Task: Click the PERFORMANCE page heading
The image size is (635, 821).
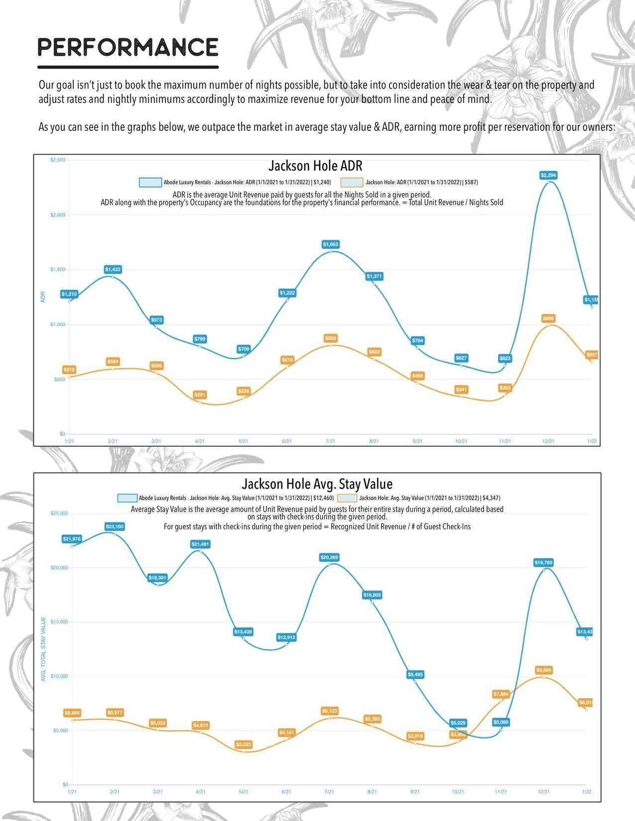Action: (x=128, y=48)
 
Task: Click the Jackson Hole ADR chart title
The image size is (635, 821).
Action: (x=315, y=166)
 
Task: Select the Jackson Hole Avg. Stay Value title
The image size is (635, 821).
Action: (x=317, y=484)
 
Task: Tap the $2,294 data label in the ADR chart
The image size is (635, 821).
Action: (x=548, y=175)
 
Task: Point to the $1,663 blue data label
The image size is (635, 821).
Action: (x=331, y=244)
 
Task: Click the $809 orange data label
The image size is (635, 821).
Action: (x=331, y=338)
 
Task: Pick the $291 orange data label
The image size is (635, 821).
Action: (x=200, y=395)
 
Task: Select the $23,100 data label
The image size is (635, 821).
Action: (x=115, y=526)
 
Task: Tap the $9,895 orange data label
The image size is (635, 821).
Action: (x=543, y=670)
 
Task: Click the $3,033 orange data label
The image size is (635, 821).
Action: (x=244, y=744)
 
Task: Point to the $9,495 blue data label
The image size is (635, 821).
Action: (x=415, y=675)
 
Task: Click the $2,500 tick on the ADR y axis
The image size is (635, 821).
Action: (x=58, y=160)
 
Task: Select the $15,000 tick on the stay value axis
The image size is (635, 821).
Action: (x=60, y=622)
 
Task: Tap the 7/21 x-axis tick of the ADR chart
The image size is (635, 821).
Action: (x=330, y=441)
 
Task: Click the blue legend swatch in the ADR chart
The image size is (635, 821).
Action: (x=150, y=183)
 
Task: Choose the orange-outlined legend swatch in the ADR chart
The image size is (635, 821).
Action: (x=352, y=183)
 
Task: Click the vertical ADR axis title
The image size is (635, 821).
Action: (x=43, y=297)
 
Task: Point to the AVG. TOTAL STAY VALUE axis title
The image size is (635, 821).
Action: (x=43, y=649)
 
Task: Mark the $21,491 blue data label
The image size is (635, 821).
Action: (x=200, y=544)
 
